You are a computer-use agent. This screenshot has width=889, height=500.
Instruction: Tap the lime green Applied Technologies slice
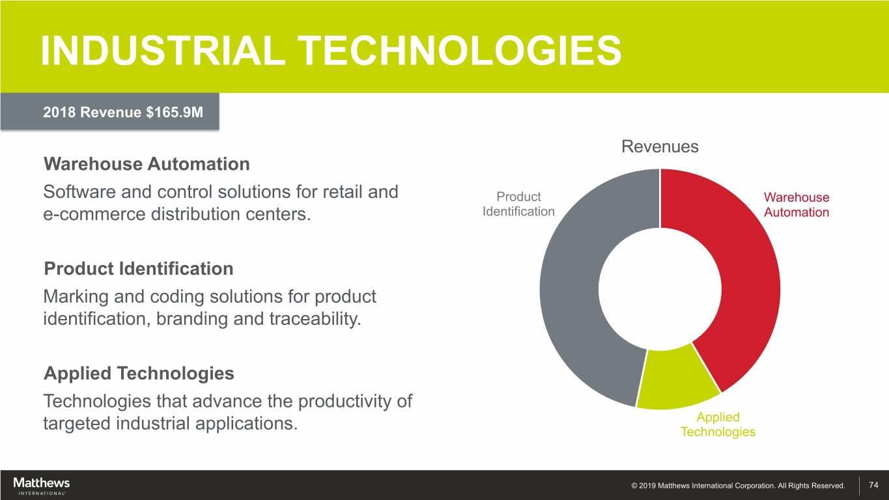point(677,379)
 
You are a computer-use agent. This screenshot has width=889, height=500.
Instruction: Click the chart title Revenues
point(660,146)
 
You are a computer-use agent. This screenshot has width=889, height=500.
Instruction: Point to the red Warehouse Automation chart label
point(797,205)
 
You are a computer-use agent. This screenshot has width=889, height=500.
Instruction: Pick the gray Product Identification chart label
point(518,204)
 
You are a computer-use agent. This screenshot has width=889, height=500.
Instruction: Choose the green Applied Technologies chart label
point(718,424)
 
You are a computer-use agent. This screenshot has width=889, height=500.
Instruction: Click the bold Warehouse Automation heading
point(147,164)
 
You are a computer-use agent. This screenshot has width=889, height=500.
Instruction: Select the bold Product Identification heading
point(139,269)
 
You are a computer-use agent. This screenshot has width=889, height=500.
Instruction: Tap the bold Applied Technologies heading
point(139,374)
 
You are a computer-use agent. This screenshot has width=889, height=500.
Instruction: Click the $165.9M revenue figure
point(175,112)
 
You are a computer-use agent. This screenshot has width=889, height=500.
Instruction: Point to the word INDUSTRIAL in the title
point(163,50)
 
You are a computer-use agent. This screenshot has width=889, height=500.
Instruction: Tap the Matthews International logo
point(41,486)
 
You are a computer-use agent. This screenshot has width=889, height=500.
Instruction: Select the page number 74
point(873,485)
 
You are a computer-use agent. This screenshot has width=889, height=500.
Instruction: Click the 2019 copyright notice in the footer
point(738,486)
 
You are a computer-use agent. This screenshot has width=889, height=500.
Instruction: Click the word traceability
point(315,319)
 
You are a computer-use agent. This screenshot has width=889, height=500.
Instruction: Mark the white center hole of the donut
point(660,289)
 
